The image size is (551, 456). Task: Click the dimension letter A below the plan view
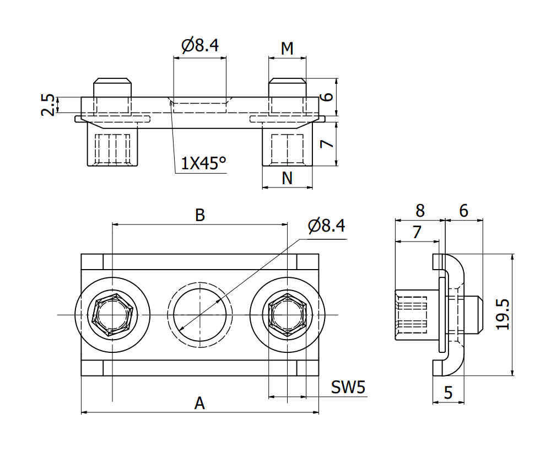(199, 403)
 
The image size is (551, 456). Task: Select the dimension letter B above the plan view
(200, 215)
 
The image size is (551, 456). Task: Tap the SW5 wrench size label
(348, 388)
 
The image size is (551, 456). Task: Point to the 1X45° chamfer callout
(204, 163)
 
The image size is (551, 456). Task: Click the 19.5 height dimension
(503, 314)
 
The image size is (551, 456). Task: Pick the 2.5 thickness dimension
(48, 105)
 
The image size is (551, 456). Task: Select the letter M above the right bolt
(287, 49)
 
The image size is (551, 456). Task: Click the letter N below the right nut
(287, 178)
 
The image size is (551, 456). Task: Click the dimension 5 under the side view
(448, 393)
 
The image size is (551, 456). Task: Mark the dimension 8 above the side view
(420, 211)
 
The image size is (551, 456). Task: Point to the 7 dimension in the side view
(417, 232)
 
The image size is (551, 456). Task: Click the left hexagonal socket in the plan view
(112, 315)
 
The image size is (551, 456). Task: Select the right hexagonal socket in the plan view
(287, 315)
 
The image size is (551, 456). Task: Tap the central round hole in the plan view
(199, 315)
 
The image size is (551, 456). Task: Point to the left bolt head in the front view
(112, 87)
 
